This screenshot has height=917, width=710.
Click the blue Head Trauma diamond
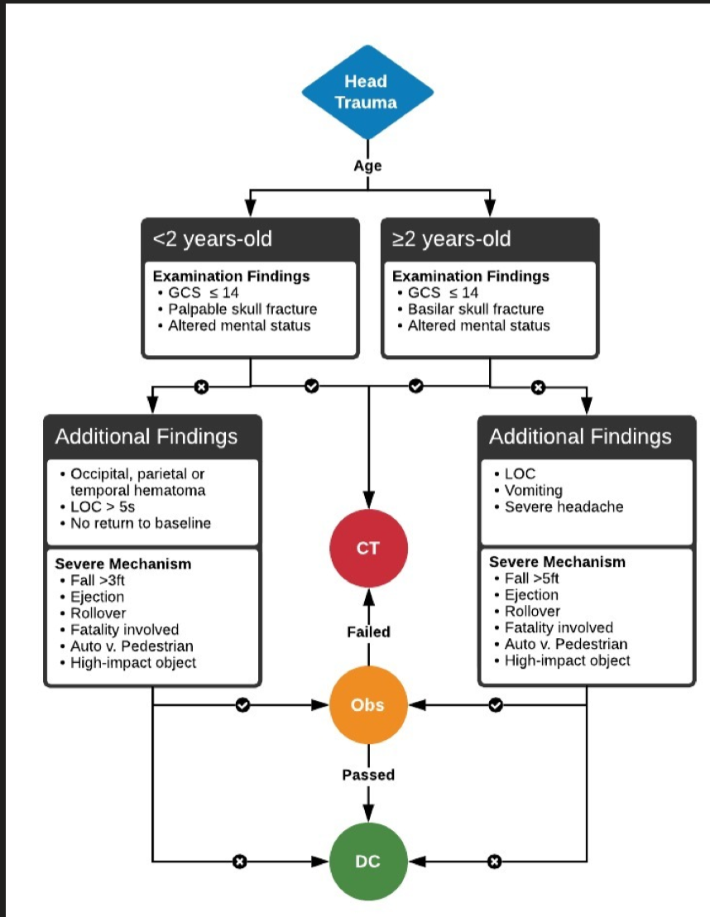(x=367, y=92)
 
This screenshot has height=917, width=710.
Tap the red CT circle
(x=367, y=547)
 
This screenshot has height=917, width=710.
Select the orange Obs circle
(x=367, y=705)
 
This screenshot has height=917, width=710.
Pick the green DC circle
(x=367, y=861)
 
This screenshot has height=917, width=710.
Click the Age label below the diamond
(x=367, y=166)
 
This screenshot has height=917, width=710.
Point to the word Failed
(x=368, y=631)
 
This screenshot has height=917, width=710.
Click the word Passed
(x=368, y=775)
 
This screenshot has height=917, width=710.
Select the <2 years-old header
(x=212, y=240)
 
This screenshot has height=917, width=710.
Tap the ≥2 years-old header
(x=452, y=240)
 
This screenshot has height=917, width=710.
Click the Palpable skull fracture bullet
(x=242, y=309)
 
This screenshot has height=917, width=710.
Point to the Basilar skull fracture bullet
(x=476, y=309)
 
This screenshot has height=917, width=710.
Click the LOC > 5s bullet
(x=102, y=506)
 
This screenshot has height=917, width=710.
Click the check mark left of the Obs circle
(x=242, y=705)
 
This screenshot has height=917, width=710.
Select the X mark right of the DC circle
(x=494, y=862)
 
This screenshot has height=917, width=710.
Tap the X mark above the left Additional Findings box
(x=200, y=386)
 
